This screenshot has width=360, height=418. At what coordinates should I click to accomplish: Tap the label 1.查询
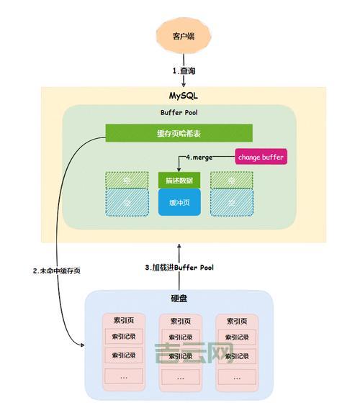184,71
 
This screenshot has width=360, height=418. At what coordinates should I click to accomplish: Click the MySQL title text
183,96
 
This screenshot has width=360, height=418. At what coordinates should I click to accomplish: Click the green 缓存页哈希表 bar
179,132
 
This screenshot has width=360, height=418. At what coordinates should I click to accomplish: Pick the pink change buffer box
260,156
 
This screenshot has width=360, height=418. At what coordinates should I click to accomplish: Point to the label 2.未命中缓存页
56,271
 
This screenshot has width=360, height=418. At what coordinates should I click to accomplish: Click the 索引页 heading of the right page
237,321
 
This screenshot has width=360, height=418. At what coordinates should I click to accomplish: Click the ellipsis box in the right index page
237,376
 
